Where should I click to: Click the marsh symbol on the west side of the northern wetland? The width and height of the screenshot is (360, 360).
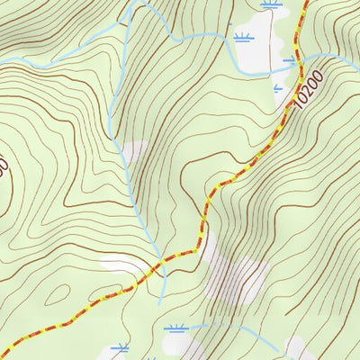coord(242,38)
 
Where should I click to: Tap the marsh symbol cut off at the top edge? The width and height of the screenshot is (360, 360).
coord(268,4)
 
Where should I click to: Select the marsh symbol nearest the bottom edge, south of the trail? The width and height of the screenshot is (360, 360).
coord(120,346)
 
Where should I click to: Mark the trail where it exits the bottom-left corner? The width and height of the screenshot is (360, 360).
coord(4,354)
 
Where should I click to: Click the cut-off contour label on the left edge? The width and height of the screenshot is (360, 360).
coord(4,166)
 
